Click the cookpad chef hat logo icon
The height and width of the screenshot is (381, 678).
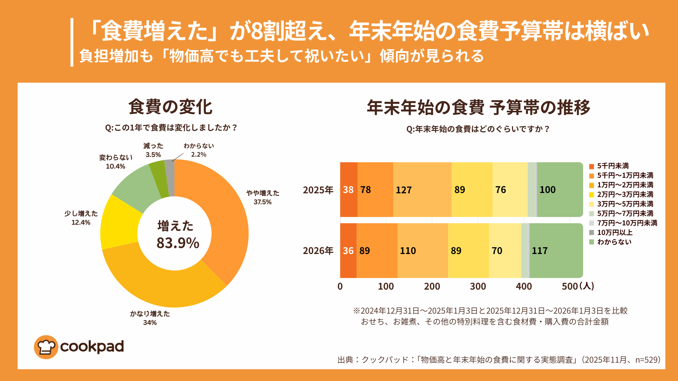[46, 347]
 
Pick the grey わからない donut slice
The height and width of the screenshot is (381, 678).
[170, 178]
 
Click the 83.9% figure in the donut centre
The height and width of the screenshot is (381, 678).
[178, 243]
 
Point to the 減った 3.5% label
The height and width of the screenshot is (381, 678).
[153, 150]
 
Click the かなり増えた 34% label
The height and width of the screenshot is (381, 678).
[150, 318]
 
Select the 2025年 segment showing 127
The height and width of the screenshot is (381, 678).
[422, 190]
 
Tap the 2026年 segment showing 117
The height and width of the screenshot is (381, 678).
[556, 250]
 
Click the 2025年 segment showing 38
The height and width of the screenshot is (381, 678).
[349, 190]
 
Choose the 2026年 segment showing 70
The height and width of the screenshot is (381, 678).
[505, 250]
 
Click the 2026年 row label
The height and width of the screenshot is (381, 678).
[318, 250]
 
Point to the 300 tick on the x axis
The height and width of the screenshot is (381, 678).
[478, 286]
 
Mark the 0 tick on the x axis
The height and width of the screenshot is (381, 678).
[340, 286]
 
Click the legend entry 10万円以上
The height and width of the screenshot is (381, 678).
[614, 232]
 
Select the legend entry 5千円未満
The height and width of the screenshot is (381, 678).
[613, 166]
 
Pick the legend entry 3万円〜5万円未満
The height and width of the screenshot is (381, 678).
[625, 204]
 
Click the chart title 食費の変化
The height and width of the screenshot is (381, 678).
[170, 107]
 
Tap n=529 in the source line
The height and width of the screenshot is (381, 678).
[648, 359]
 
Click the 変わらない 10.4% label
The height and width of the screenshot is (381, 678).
[115, 162]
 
